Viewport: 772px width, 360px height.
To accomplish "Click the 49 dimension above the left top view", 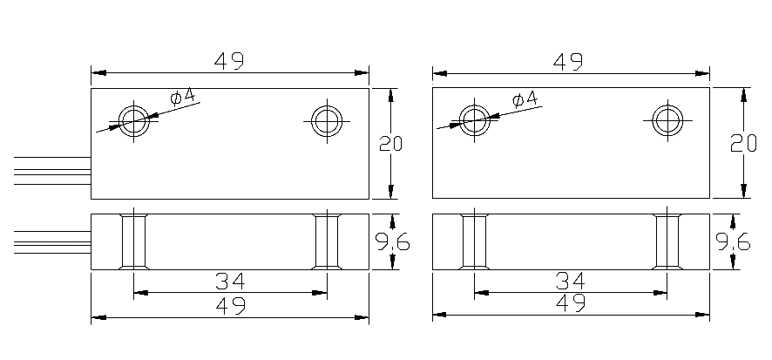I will (229, 61).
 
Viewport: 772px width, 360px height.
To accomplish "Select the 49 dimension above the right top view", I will (569, 61).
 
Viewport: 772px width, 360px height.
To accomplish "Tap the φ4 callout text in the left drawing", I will (184, 96).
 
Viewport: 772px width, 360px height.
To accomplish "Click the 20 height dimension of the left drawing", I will (390, 144).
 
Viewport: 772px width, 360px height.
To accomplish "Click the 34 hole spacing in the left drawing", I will (229, 281).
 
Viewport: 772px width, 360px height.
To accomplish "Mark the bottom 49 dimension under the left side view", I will (229, 305).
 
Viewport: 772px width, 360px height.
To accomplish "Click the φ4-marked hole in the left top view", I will (135, 119).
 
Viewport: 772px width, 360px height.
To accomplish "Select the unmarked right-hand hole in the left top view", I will (327, 119).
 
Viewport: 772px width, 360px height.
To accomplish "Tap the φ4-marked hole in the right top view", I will (475, 119).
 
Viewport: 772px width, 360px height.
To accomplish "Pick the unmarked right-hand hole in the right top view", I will (667, 119).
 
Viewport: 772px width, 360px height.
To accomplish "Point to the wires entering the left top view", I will (52, 171).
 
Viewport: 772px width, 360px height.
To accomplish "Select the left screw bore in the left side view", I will (133, 241).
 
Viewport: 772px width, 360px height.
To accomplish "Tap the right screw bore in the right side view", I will (667, 241).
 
